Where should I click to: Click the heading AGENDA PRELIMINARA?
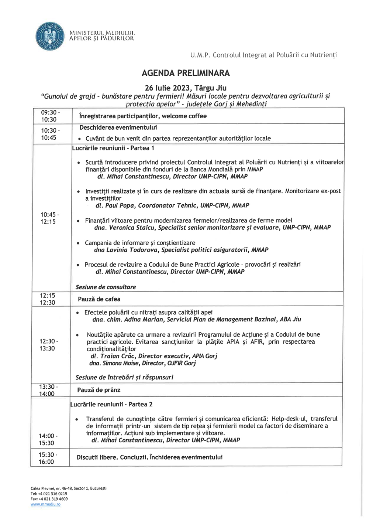pos(186,73)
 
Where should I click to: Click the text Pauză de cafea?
pos(99,299)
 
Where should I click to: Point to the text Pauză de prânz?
pos(99,390)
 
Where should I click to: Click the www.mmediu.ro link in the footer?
pos(45,504)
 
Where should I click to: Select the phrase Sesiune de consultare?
pos(106,287)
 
